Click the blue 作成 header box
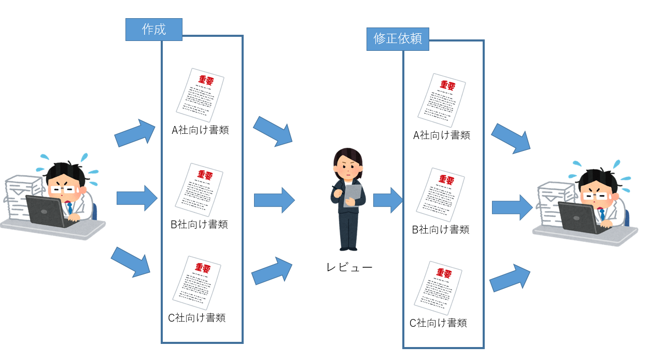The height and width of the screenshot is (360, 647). (x=154, y=30)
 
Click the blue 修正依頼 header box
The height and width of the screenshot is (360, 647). (x=398, y=39)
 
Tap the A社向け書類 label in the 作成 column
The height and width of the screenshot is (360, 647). (x=200, y=130)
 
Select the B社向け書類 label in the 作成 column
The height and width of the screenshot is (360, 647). (x=199, y=224)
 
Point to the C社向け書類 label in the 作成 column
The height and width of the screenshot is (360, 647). (x=196, y=318)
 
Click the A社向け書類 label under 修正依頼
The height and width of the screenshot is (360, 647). (x=442, y=135)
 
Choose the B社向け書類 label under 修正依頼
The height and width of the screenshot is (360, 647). (x=441, y=230)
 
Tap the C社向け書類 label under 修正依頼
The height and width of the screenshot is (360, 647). (x=438, y=323)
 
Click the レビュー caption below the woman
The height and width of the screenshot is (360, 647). (x=349, y=267)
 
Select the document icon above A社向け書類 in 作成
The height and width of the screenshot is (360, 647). (x=200, y=95)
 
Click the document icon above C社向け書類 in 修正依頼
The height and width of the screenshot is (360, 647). (x=438, y=288)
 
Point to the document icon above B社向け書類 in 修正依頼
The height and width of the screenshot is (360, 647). (x=441, y=195)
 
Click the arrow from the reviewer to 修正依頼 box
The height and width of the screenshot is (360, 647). (x=388, y=200)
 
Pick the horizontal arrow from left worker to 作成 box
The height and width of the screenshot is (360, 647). (x=137, y=198)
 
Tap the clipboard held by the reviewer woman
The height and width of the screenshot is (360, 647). (x=353, y=196)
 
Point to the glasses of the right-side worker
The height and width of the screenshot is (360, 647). (x=595, y=196)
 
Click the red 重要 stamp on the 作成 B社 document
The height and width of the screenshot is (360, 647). (x=205, y=175)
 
